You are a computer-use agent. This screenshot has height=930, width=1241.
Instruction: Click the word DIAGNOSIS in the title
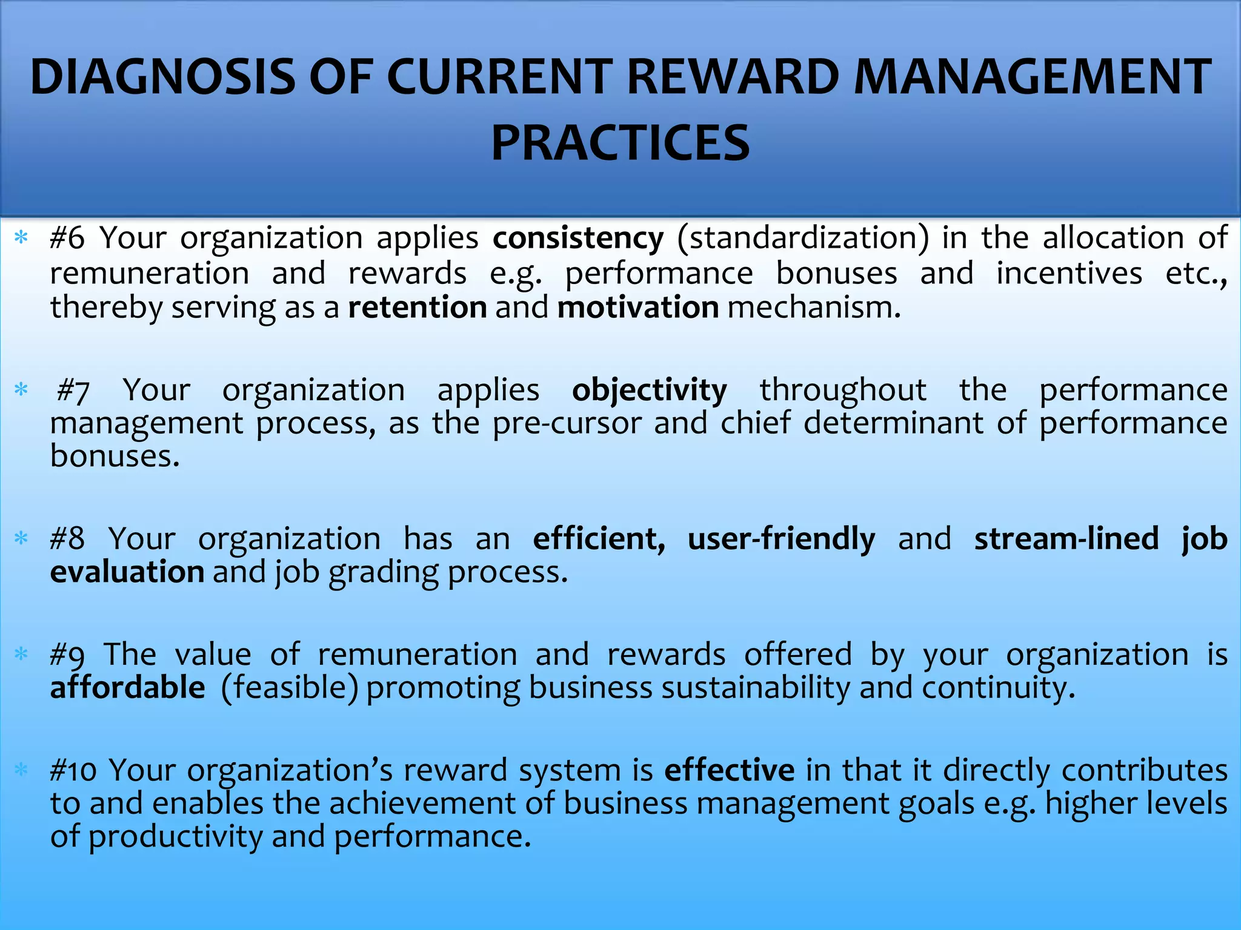(x=162, y=77)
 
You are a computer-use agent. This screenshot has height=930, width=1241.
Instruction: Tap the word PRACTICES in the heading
(x=620, y=143)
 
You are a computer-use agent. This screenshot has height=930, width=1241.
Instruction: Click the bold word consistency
(x=578, y=238)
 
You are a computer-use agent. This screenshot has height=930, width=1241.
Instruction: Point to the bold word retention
(x=418, y=307)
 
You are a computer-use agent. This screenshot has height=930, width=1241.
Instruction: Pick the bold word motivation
(x=638, y=307)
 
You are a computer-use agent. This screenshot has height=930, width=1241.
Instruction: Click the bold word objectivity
(x=650, y=391)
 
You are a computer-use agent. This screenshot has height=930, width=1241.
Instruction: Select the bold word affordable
(x=128, y=688)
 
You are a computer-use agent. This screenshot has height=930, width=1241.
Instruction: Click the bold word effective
(x=730, y=770)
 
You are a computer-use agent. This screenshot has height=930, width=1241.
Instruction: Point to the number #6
(x=67, y=238)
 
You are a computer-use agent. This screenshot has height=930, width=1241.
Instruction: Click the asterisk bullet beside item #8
(x=21, y=538)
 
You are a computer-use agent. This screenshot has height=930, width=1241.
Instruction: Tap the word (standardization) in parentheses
(x=803, y=238)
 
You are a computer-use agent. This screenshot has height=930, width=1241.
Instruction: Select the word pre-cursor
(x=567, y=423)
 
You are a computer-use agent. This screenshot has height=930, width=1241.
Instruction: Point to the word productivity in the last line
(x=176, y=837)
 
